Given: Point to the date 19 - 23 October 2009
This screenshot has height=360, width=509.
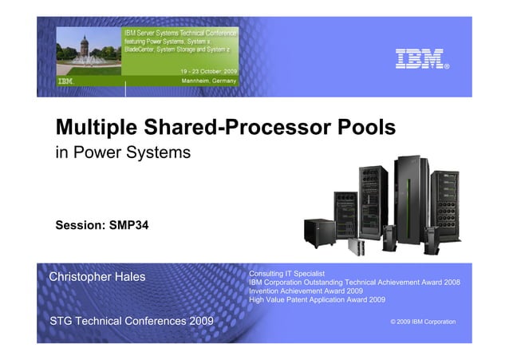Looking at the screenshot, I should coord(211,72).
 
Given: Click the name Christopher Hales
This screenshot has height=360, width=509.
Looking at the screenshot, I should coord(97,277).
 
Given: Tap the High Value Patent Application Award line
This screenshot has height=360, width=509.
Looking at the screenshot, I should coord(318,300).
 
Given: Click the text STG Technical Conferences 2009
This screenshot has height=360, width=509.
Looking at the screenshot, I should coord(132,321).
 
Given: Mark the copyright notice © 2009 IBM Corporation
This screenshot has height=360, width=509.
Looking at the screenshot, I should coord(423,322).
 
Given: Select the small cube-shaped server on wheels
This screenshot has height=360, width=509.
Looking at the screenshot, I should coord(319,231).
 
